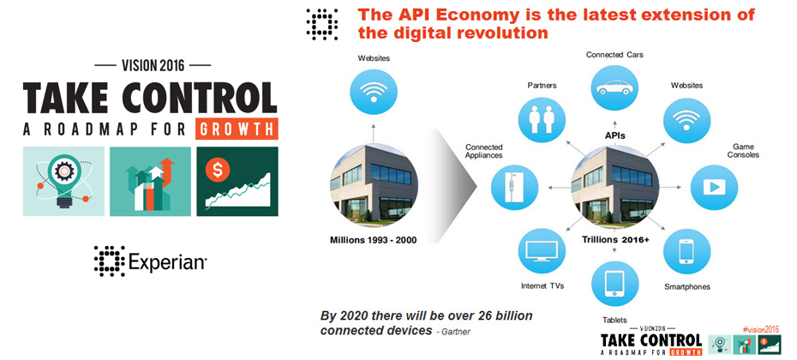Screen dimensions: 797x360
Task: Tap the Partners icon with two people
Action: click(x=541, y=118)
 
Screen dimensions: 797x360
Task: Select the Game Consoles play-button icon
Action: click(x=714, y=188)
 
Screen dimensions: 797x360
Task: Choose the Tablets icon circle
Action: click(x=614, y=284)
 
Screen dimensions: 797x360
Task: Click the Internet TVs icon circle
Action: click(x=542, y=251)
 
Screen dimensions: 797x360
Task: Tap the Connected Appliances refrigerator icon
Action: click(x=514, y=187)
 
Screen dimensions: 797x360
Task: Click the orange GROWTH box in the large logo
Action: click(x=237, y=129)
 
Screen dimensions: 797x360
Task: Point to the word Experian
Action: click(x=167, y=262)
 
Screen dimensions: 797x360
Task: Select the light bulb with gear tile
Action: click(x=63, y=182)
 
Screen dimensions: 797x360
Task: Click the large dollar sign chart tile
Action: click(x=237, y=182)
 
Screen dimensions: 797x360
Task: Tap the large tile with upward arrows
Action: click(x=151, y=182)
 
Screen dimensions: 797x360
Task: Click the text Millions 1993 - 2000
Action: click(x=374, y=240)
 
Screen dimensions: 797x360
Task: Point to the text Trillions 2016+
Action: click(x=615, y=239)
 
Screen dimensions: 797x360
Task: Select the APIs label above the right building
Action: click(x=615, y=135)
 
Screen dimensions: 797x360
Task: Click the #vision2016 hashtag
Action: click(x=760, y=329)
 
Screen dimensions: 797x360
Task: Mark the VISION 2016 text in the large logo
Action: click(x=153, y=65)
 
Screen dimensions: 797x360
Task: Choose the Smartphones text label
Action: click(x=686, y=287)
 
